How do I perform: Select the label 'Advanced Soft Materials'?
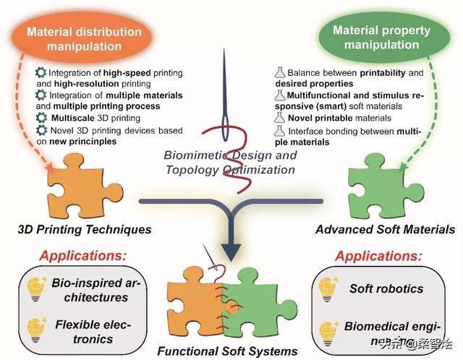tap(386, 231)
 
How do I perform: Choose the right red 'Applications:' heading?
tap(378, 256)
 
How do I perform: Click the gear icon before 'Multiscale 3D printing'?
tap(41, 116)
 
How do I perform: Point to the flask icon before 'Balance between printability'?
tap(279, 73)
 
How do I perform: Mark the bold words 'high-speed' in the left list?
tap(131, 74)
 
